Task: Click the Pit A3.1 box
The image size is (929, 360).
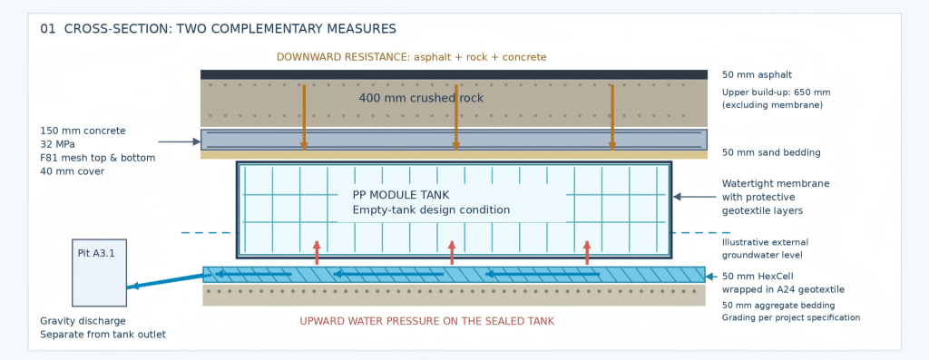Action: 100,272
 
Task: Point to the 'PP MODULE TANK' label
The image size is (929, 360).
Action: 401,195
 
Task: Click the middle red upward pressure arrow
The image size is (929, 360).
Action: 452,253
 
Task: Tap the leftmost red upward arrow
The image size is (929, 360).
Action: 317,253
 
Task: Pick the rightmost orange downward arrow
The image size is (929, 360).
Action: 612,117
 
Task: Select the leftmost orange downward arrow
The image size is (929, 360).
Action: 304,117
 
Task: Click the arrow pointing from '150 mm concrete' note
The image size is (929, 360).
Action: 180,141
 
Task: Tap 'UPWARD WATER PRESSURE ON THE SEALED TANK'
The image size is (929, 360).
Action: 426,321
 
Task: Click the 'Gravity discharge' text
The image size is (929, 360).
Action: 83,321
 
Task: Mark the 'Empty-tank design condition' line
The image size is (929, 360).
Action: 431,209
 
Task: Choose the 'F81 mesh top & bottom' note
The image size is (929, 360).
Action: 98,158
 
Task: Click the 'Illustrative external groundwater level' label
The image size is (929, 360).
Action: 765,248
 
